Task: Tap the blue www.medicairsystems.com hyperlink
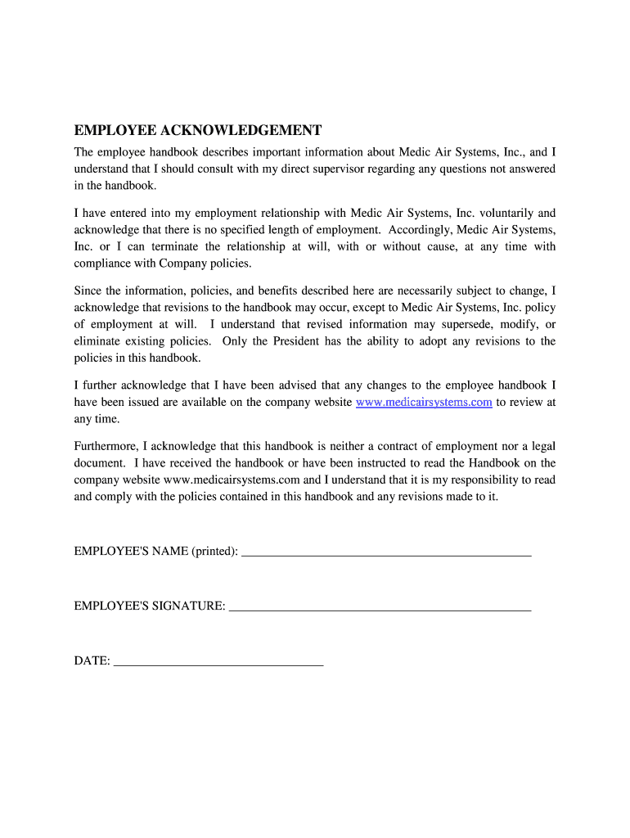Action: point(424,402)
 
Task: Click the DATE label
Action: point(92,660)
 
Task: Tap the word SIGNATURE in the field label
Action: point(188,606)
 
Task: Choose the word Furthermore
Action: point(106,446)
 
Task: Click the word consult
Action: point(218,169)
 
